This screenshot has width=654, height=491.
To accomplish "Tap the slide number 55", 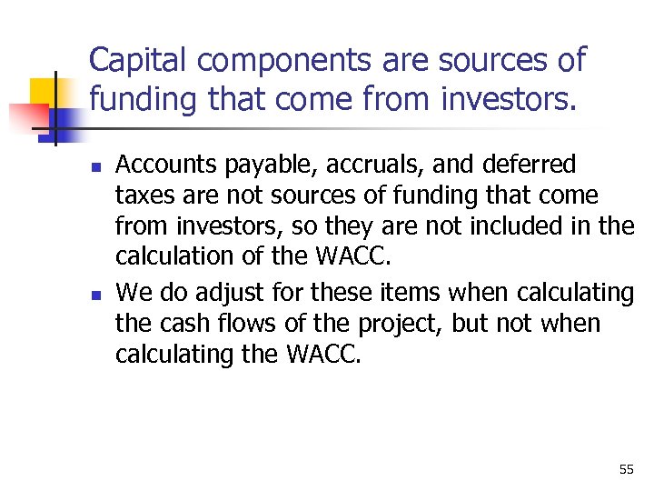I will click(x=626, y=469).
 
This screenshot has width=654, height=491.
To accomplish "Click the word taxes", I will click(x=142, y=195).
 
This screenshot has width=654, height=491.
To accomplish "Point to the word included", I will click(x=527, y=226).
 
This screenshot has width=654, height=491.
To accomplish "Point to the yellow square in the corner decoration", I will click(x=44, y=95).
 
